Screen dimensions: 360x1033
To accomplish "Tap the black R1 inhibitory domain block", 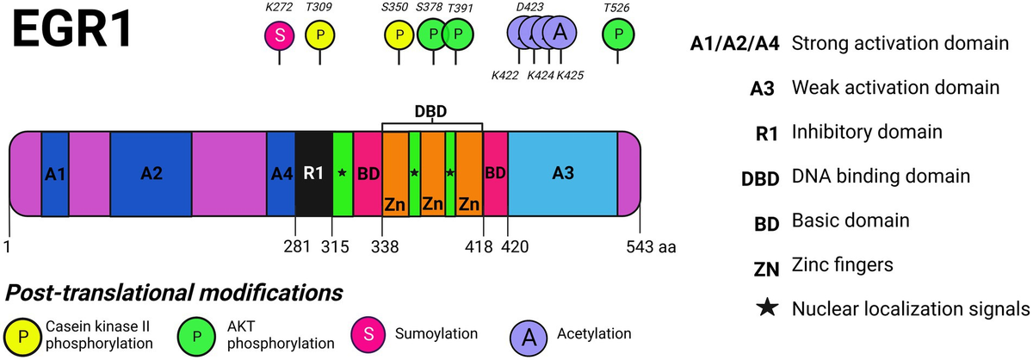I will [x=313, y=173].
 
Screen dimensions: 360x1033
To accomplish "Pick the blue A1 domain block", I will [x=55, y=173].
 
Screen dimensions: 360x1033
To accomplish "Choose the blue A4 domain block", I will [x=281, y=173].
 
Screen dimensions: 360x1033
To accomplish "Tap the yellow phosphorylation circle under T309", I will [x=321, y=34].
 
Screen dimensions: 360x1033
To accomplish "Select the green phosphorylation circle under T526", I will [x=617, y=34].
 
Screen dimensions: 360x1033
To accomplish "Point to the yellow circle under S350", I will [x=399, y=34].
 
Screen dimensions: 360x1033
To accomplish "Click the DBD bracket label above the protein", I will [x=432, y=111].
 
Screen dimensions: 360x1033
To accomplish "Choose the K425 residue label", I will [x=570, y=75].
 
